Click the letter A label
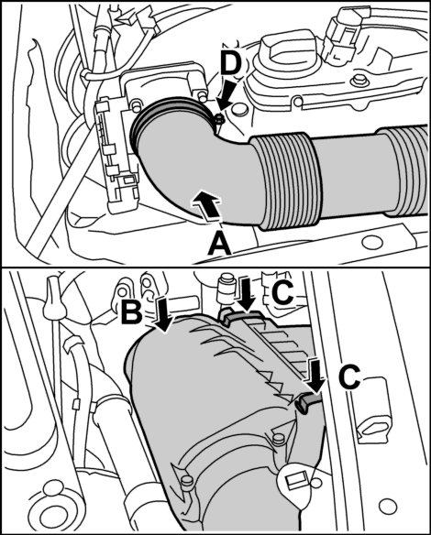click(x=219, y=244)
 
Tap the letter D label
click(x=230, y=64)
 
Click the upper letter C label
click(x=283, y=291)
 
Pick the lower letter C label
click(x=349, y=377)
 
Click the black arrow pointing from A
click(x=204, y=203)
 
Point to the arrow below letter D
click(x=227, y=97)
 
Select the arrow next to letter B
click(x=163, y=314)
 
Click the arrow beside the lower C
click(x=315, y=375)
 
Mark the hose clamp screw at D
click(x=219, y=119)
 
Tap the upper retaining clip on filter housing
click(x=240, y=317)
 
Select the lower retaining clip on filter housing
click(x=307, y=401)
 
